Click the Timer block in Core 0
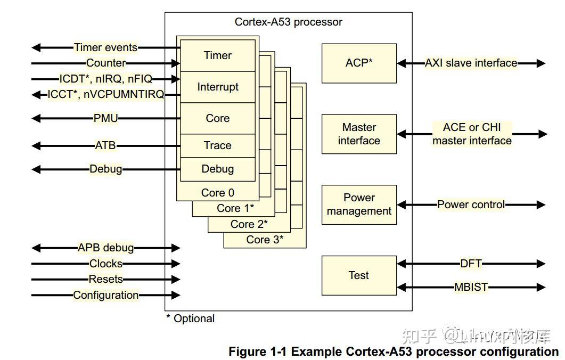coord(218,55)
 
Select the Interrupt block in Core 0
coord(218,87)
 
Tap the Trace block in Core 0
coord(218,145)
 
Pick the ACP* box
coord(359,63)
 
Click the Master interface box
coord(359,134)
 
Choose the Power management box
coord(359,204)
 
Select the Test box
coord(359,275)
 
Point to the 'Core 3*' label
coord(265,240)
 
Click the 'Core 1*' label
coord(235,208)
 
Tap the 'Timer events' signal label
coord(105,47)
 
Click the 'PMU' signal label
coord(105,118)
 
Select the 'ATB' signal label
coord(105,145)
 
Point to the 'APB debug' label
coord(105,248)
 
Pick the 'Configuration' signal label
coord(105,295)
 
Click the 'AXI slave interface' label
coord(471,63)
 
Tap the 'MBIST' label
coord(471,287)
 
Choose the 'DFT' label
coord(471,263)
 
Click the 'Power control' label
coord(471,204)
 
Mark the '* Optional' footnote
coord(190,318)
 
